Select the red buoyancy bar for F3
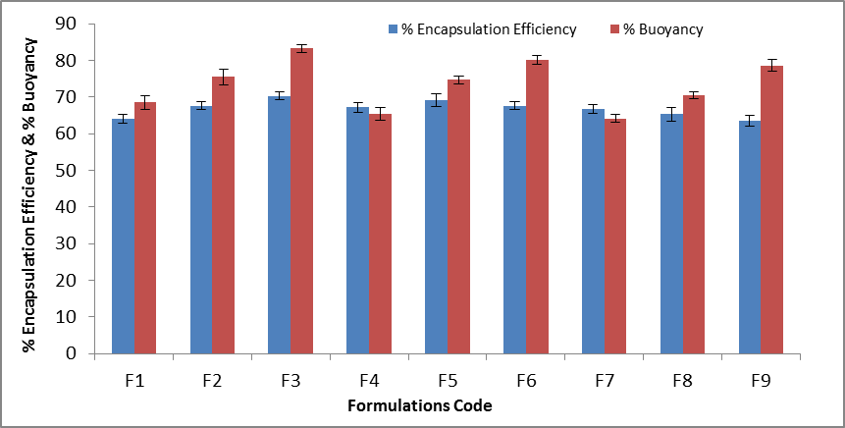[301, 201]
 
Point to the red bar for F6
[537, 207]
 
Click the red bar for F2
[223, 215]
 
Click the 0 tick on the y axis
[72, 354]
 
